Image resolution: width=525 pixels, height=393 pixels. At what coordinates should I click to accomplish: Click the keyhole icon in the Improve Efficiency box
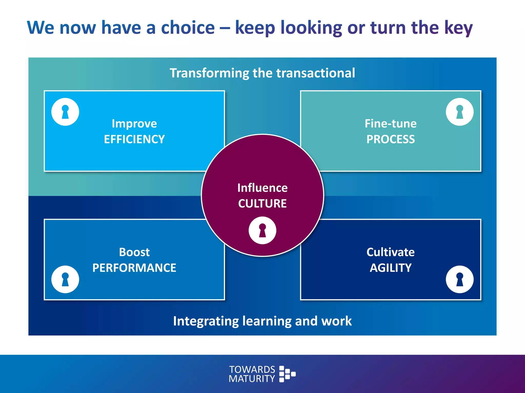65,112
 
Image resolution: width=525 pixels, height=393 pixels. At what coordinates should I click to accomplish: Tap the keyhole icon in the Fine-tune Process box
460,112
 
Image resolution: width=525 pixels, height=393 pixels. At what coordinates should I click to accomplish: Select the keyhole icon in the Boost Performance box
65,279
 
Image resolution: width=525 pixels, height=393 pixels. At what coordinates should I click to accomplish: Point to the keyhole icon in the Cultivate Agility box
460,279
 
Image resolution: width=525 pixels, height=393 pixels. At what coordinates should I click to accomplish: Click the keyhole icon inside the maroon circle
262,230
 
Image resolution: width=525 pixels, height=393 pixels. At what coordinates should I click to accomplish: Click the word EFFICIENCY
134,139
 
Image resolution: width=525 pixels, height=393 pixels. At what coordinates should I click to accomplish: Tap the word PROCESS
390,139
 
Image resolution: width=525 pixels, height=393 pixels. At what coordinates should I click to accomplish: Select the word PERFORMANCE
134,268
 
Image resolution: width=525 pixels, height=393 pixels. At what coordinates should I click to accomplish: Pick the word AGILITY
390,268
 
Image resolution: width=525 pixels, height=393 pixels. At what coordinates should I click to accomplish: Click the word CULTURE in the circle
262,204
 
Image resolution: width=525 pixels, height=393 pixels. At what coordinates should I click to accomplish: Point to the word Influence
262,188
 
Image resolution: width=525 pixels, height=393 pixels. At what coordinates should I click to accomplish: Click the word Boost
134,252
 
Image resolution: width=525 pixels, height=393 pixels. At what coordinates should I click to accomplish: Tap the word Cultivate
390,252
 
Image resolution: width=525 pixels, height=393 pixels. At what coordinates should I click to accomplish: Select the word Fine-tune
390,124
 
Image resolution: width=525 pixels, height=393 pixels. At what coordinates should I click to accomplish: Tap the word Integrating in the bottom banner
206,321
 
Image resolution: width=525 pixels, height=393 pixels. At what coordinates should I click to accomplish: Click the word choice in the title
188,27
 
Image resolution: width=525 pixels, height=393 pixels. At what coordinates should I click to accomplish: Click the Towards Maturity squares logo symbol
287,374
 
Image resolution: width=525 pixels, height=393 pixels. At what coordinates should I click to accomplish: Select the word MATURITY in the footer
252,379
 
